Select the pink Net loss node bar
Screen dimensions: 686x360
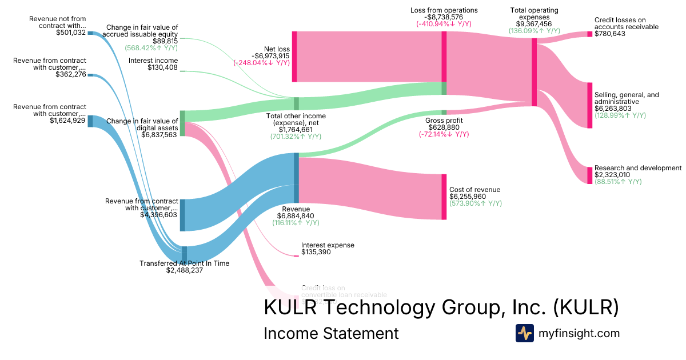coord(294,57)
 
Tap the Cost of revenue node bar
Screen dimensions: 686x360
coord(444,197)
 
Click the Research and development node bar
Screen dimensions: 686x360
coord(589,175)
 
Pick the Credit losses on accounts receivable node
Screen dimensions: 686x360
coord(589,34)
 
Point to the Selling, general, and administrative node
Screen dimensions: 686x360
coord(589,105)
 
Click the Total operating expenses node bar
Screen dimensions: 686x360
coord(534,72)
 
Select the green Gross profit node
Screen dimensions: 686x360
coord(444,113)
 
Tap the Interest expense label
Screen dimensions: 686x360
coord(328,245)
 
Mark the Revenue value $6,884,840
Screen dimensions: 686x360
coord(296,216)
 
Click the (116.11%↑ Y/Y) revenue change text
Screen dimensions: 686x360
coord(296,223)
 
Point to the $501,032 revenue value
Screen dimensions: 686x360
coord(70,33)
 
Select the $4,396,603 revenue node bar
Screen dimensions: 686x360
coord(182,215)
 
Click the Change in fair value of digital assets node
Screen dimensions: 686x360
coord(182,123)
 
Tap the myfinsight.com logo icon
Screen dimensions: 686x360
coord(524,333)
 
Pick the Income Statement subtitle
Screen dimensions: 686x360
coord(331,333)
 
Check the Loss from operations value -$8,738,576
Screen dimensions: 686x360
coord(444,18)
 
